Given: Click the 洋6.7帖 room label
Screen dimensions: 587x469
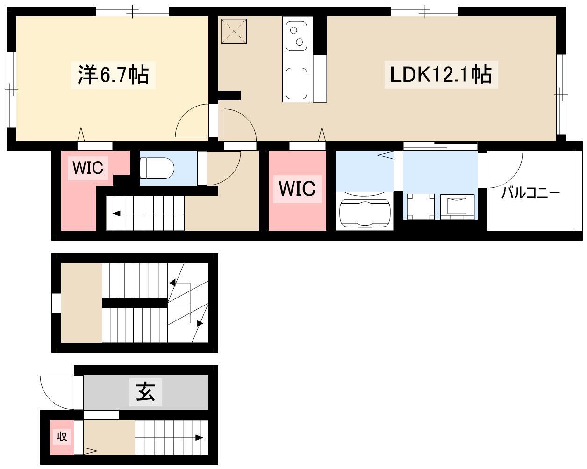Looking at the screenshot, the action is coord(113,75).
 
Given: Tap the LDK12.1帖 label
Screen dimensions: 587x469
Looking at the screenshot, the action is coord(441,74).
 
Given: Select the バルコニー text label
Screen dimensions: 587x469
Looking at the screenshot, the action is coord(530,193).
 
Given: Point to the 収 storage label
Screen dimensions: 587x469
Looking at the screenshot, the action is coord(62,437).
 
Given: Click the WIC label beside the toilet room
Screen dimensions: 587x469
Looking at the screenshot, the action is coord(88,168).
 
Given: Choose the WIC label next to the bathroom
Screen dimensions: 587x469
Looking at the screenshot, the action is coord(297,189).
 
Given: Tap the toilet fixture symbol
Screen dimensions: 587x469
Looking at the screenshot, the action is coord(157,168).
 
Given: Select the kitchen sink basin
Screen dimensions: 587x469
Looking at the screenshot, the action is coord(296,83).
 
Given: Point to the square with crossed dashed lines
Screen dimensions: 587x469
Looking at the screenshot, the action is coord(234,31).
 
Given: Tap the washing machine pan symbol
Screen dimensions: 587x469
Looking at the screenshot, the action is coord(419,206).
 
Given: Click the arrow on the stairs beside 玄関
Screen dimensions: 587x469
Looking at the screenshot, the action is coord(169,438).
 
